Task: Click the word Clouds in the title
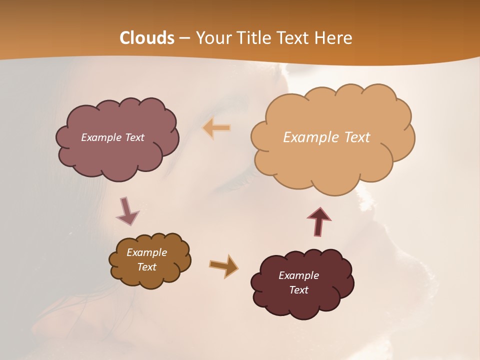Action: click(147, 38)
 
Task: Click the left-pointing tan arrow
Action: click(216, 128)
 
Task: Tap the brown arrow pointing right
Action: click(224, 265)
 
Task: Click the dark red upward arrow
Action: click(319, 221)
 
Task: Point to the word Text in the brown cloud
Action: click(147, 267)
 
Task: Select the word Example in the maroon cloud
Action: click(298, 275)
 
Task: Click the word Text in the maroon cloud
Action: click(298, 290)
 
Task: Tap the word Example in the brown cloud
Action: click(147, 252)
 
